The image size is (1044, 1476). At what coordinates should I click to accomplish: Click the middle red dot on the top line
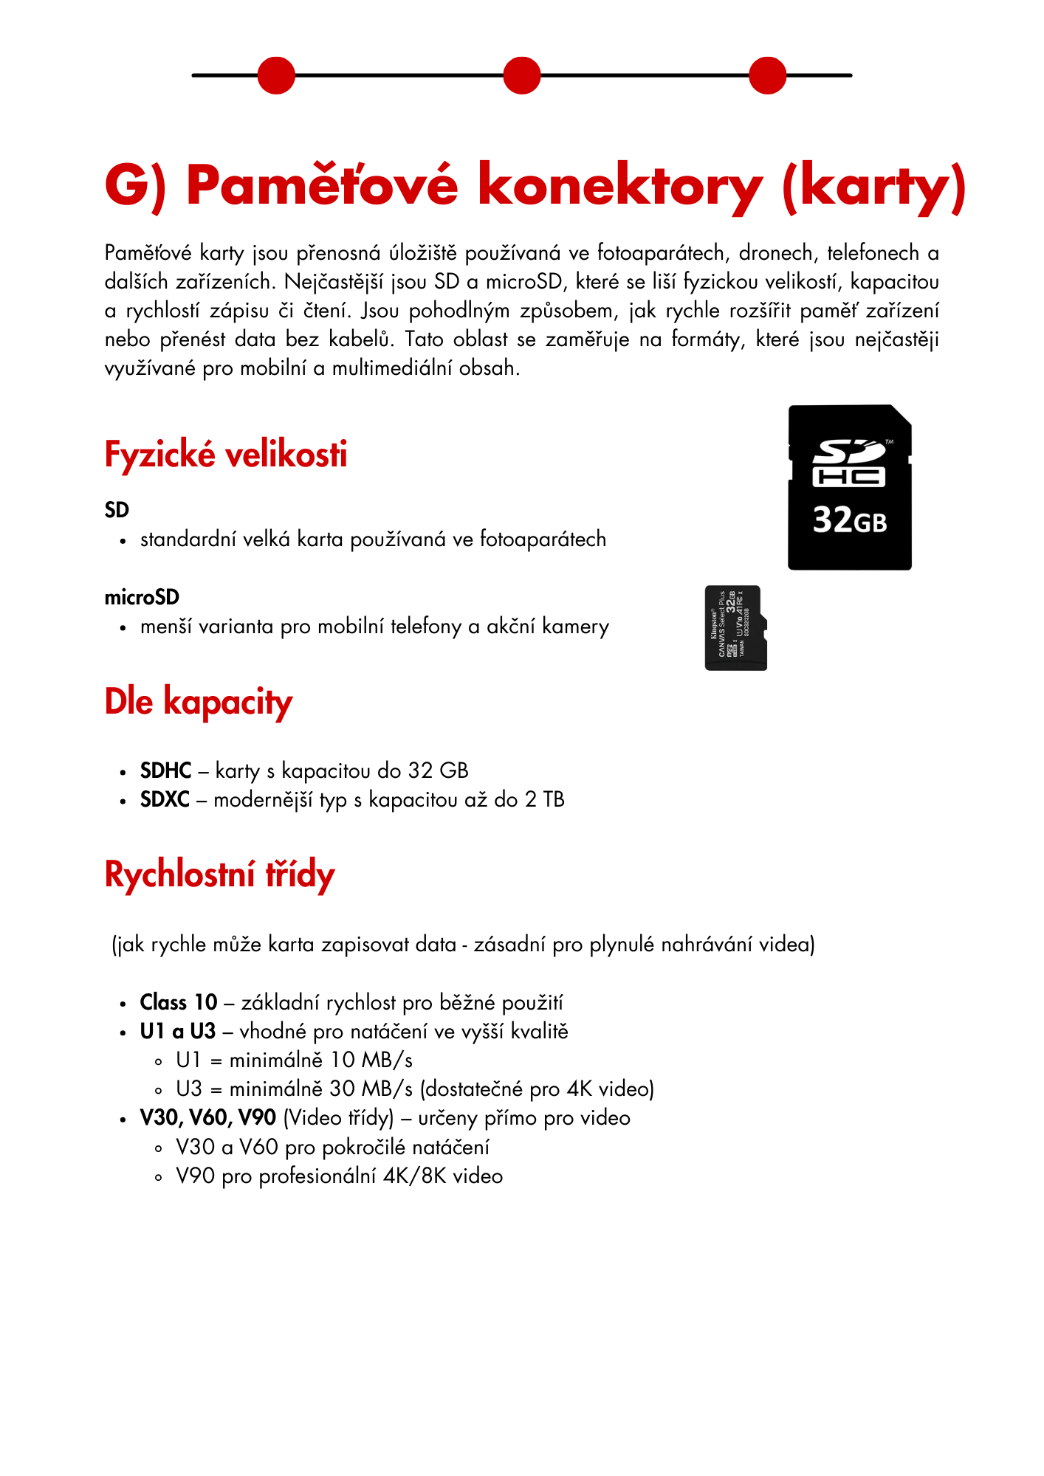pyautogui.click(x=522, y=75)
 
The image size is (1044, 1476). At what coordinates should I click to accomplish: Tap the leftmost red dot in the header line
pyautogui.click(x=276, y=75)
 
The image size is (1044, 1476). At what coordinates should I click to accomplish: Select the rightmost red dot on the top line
pyautogui.click(x=768, y=75)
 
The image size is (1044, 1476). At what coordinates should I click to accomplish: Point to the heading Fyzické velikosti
pyautogui.click(x=226, y=454)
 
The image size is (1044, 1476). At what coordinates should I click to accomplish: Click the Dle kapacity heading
pyautogui.click(x=199, y=701)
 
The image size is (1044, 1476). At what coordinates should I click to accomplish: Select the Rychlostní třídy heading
pyautogui.click(x=220, y=875)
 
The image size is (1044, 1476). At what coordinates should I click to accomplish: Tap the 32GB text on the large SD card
pyautogui.click(x=850, y=520)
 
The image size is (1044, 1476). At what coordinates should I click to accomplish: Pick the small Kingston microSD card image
pyautogui.click(x=736, y=628)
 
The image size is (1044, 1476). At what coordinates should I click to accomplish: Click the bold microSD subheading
pyautogui.click(x=142, y=597)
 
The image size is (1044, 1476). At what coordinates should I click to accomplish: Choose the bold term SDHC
pyautogui.click(x=166, y=770)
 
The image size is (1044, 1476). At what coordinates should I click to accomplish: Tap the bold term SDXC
pyautogui.click(x=165, y=799)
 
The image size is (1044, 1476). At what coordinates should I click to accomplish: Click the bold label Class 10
pyautogui.click(x=179, y=1002)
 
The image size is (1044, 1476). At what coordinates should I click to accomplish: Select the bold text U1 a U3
pyautogui.click(x=178, y=1031)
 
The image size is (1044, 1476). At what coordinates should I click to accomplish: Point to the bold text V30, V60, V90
pyautogui.click(x=208, y=1118)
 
